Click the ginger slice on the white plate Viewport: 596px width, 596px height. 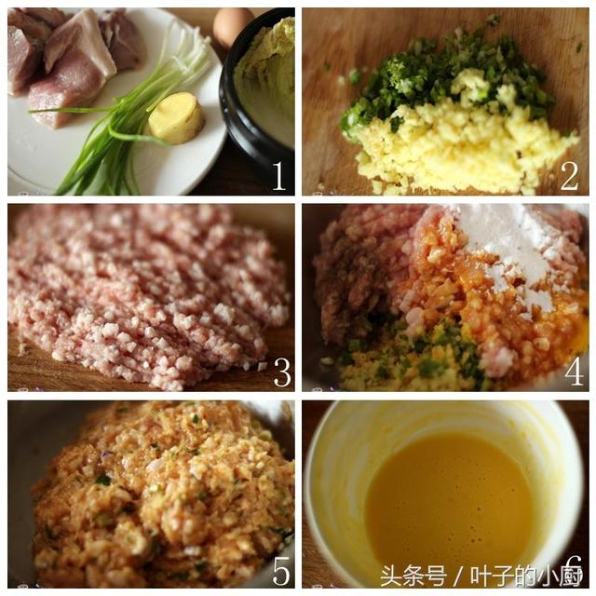tap(177, 118)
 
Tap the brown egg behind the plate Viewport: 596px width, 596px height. tap(231, 26)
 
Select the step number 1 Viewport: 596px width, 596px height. tap(279, 176)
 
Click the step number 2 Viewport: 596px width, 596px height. tap(569, 176)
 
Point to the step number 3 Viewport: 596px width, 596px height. tap(282, 372)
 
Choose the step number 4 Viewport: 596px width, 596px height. tap(574, 372)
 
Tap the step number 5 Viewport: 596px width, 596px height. tap(281, 571)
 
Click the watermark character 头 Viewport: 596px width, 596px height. tap(392, 576)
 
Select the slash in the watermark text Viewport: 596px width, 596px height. tap(459, 576)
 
